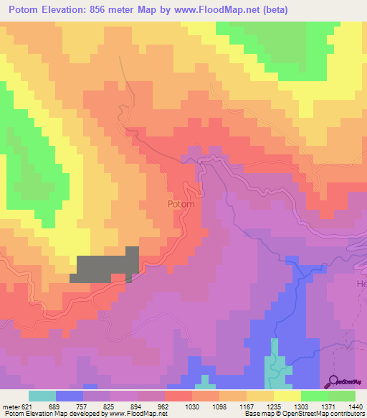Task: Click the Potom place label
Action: (181, 204)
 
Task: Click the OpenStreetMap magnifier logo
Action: (335, 381)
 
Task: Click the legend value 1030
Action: (192, 406)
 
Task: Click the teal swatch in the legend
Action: (42, 396)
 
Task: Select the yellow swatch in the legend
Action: (287, 396)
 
